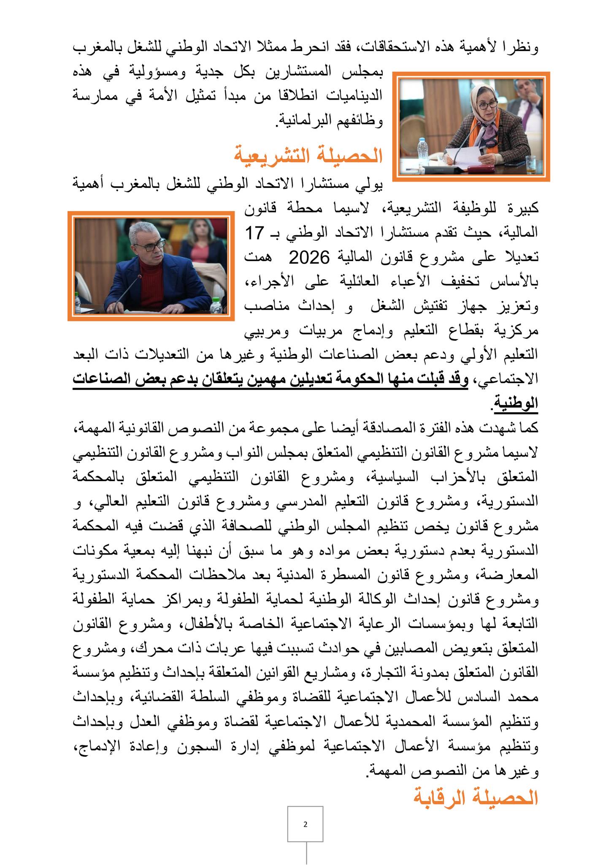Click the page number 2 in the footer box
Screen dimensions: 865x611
pyautogui.click(x=305, y=824)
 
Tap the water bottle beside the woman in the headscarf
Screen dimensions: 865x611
pyautogui.click(x=422, y=150)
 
